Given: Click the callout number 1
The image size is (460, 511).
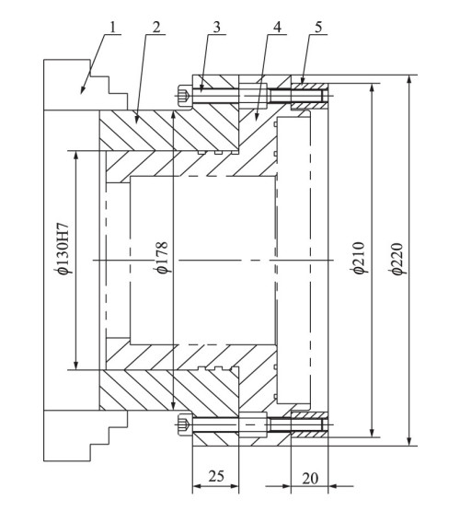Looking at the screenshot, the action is [x=112, y=28].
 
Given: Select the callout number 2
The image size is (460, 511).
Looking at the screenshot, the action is [x=156, y=28].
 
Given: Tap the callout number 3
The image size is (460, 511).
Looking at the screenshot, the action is [x=217, y=28].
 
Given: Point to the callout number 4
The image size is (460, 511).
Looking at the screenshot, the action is [x=277, y=28].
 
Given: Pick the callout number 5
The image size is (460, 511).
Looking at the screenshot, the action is [x=318, y=28].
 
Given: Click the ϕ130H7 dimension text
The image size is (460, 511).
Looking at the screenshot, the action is [x=62, y=249].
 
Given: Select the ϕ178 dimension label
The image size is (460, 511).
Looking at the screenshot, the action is [x=162, y=258].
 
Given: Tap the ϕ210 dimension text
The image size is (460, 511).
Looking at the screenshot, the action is [x=358, y=258].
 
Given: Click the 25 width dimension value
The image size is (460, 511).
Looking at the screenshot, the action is [x=216, y=476].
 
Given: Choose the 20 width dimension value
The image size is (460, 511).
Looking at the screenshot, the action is [x=310, y=479].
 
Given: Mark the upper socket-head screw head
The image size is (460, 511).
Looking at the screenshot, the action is [x=186, y=96].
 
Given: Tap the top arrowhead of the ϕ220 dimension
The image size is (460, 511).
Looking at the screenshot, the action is [x=409, y=79].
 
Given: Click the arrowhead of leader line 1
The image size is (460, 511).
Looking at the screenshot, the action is [x=83, y=91].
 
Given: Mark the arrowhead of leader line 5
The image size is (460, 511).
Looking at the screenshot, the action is [x=303, y=80].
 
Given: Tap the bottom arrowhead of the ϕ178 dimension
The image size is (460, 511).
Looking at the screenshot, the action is [x=174, y=405].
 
